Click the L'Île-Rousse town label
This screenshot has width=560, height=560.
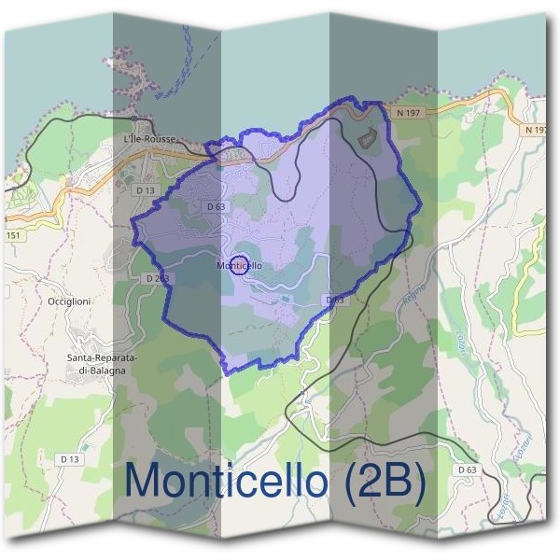[149, 139]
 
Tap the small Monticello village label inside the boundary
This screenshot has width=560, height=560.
[239, 266]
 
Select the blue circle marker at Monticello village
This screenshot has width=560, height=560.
[238, 265]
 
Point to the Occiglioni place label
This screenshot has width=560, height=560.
[67, 301]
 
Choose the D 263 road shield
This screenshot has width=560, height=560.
[157, 278]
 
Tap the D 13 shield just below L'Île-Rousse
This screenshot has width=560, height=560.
[145, 189]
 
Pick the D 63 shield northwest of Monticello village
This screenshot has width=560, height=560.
[215, 206]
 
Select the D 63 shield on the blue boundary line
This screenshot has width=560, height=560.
[334, 300]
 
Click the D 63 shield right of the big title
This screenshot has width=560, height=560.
[467, 469]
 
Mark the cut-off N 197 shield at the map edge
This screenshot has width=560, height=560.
[536, 131]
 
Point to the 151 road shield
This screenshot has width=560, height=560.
[12, 235]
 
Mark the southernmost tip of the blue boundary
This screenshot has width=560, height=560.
[228, 372]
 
